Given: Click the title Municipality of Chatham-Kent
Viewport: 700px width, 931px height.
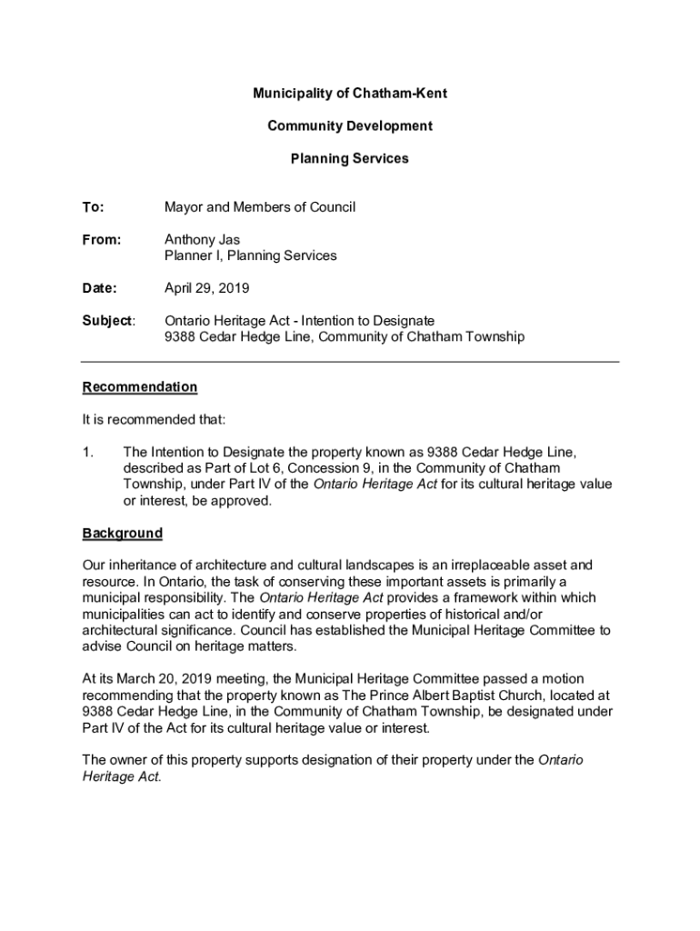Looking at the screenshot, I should (x=349, y=94).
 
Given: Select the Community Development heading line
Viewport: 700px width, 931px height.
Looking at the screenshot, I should (x=349, y=125).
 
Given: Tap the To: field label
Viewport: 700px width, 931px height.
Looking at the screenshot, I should (x=94, y=207).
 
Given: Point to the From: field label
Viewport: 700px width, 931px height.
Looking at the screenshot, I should (x=102, y=240).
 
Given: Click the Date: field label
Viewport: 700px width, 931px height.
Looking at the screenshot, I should (x=100, y=288).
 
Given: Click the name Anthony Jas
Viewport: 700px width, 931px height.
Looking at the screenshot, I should (x=202, y=240).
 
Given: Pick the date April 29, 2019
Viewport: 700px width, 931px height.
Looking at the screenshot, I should (x=206, y=288).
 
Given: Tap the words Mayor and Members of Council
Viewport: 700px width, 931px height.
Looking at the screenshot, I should (x=259, y=207).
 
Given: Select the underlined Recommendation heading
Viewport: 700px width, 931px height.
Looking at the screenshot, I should (x=139, y=386).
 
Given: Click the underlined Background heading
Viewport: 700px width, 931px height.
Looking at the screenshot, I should (x=123, y=533).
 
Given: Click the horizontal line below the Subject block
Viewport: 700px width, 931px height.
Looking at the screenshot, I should (x=350, y=362).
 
